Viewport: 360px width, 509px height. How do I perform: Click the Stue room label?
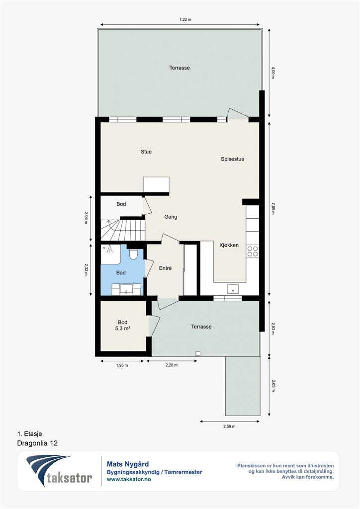point(146,152)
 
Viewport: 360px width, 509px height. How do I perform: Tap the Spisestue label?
point(232,159)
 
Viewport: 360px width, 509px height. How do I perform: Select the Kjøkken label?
point(229,245)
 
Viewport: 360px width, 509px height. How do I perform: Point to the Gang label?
point(171,217)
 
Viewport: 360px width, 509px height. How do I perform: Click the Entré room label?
point(165,268)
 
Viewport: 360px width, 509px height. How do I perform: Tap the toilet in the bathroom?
point(133,254)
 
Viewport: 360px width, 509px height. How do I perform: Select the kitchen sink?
point(233,289)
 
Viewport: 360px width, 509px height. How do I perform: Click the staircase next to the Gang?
point(122,230)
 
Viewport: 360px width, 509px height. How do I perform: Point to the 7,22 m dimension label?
point(185,19)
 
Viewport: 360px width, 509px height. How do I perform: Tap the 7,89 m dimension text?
point(272,208)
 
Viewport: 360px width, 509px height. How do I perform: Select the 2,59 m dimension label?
point(229,426)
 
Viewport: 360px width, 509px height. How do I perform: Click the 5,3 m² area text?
point(123,329)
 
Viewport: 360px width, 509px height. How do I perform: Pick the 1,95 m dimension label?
point(122,365)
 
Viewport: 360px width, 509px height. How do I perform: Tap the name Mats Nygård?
point(128,465)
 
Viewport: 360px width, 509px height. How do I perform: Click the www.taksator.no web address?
point(129,479)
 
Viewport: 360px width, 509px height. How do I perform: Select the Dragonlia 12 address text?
point(37,443)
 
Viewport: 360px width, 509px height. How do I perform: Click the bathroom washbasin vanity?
point(127,289)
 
